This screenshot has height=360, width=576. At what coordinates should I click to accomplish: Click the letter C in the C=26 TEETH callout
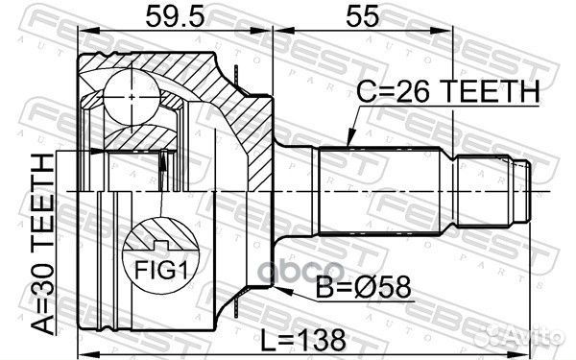tap(366, 92)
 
